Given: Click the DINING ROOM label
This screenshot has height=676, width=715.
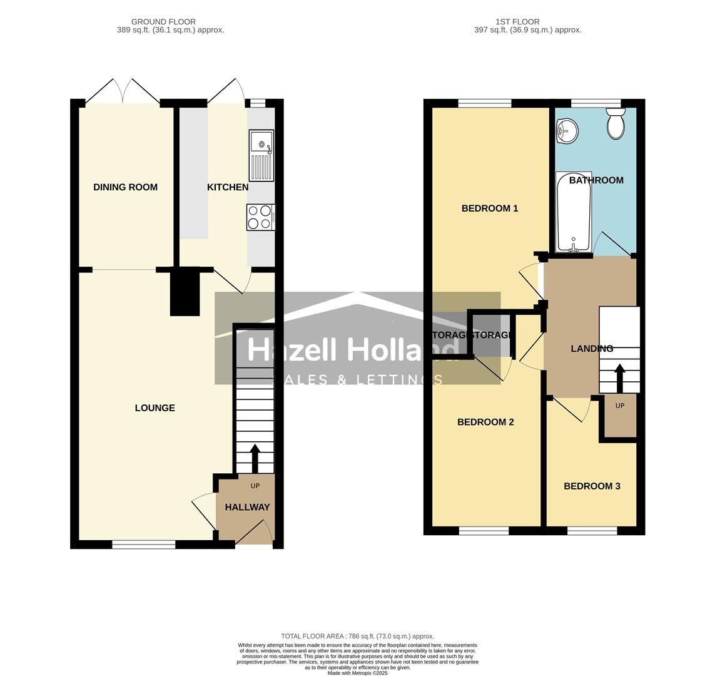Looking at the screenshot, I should [125, 187].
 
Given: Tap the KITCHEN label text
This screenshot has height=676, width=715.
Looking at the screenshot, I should [228, 187].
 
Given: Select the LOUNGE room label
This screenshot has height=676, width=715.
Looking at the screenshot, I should [155, 408].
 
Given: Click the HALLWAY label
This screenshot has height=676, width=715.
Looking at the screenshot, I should [247, 507].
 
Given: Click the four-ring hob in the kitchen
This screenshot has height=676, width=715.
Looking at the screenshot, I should [260, 217].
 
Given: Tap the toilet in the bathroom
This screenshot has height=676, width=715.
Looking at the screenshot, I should [616, 123].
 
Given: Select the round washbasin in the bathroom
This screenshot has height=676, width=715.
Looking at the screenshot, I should [567, 131].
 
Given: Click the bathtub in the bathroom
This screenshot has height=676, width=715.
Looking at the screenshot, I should [574, 213].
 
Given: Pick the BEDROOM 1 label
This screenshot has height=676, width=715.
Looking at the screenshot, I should [490, 208].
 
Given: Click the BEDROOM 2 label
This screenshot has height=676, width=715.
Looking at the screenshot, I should [485, 422].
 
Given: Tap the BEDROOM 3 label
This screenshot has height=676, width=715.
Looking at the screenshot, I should [592, 486].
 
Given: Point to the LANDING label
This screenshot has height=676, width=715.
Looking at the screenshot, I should [592, 349].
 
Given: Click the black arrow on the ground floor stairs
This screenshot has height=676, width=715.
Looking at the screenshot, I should [255, 458].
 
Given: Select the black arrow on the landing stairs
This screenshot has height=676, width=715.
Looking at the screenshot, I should [619, 377].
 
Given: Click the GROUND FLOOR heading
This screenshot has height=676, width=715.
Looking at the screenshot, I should [163, 22].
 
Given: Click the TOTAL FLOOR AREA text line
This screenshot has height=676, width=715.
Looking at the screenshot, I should [357, 636].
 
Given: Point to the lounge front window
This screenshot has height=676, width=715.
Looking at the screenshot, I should [144, 545].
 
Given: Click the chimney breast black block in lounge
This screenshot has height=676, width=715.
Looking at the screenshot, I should [185, 292].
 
